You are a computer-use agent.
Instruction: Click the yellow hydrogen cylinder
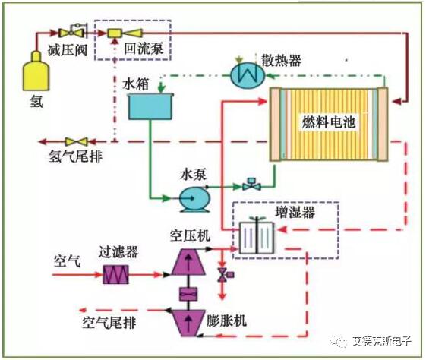tap(36, 71)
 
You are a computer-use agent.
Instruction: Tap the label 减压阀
tap(68, 50)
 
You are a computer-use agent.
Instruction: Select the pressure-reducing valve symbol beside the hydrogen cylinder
tap(72, 31)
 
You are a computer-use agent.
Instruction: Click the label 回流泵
tap(144, 49)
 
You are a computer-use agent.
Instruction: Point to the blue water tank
tap(150, 106)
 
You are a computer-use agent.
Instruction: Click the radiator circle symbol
tap(248, 75)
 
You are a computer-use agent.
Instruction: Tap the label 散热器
tap(282, 60)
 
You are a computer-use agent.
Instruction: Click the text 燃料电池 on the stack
tap(329, 122)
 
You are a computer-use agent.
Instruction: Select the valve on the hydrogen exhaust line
tap(77, 141)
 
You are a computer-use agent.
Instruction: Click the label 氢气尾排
tap(75, 156)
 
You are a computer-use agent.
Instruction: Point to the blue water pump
tap(194, 199)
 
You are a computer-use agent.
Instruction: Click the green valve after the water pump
tap(251, 185)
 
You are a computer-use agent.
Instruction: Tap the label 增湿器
tap(295, 212)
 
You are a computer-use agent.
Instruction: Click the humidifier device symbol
tap(257, 237)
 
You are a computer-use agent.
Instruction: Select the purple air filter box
tap(115, 274)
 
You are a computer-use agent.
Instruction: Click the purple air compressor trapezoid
tap(188, 261)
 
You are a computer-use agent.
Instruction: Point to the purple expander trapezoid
tap(188, 323)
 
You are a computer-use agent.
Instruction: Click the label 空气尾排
tap(109, 323)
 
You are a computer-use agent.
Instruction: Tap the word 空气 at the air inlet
tap(67, 261)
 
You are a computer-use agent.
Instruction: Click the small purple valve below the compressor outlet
tap(225, 275)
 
